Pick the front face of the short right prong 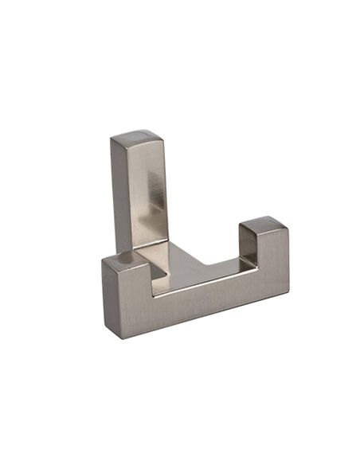click(x=271, y=263)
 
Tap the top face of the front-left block click(x=123, y=260)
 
